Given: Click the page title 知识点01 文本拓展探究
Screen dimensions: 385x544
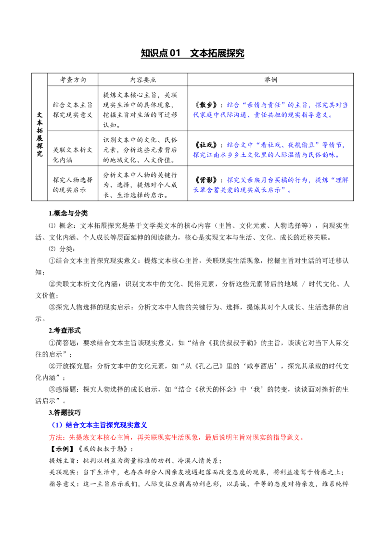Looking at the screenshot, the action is tap(192, 53).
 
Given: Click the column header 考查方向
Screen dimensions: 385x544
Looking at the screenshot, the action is tap(73, 79).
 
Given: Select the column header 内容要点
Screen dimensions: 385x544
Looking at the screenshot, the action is tap(143, 79).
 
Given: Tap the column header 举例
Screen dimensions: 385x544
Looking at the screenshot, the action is tap(270, 79).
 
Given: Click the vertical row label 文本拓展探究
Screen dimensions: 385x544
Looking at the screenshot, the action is tap(39, 134).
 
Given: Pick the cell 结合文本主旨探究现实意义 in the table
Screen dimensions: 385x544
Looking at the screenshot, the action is tap(73, 110).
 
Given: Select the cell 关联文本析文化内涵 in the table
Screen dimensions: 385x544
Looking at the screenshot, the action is tap(73, 155).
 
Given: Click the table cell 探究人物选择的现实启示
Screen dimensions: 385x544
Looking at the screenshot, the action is tap(73, 185).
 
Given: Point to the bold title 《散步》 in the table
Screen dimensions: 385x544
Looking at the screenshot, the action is tap(206, 105).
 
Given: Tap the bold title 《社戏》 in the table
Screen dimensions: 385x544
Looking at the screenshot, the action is tap(206, 145).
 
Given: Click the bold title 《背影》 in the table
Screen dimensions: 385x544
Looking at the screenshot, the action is tap(206, 180).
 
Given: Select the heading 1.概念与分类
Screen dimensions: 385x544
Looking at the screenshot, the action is tap(68, 213).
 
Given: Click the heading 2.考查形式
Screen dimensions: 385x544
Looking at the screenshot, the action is tap(64, 330).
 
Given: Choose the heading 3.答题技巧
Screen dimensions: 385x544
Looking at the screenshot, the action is tap(64, 412).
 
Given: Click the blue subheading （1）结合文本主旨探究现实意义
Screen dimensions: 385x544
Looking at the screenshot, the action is tap(99, 425).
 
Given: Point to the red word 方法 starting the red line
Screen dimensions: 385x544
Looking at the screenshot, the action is tap(56, 437).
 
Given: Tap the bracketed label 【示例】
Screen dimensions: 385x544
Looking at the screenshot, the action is tap(62, 448).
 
